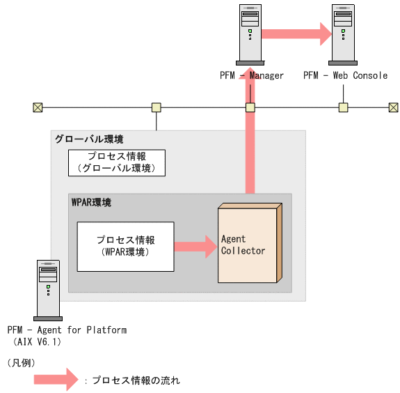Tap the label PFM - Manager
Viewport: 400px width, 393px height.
click(251, 75)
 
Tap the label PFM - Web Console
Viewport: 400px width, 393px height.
click(345, 75)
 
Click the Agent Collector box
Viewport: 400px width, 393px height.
click(248, 244)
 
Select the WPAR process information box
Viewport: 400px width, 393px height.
click(125, 246)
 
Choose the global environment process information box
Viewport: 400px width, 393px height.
click(116, 162)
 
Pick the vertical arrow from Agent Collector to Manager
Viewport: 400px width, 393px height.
click(250, 139)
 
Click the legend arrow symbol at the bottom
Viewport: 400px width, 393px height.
click(59, 380)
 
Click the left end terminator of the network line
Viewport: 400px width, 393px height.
click(38, 107)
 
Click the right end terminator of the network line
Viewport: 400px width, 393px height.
click(393, 107)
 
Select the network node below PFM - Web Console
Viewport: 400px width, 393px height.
click(343, 107)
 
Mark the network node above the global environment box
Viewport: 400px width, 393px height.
click(157, 107)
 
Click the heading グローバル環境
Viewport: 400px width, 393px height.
click(79, 139)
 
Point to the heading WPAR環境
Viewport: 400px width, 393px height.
click(91, 202)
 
